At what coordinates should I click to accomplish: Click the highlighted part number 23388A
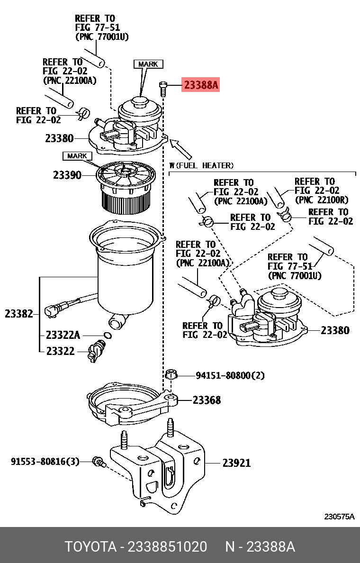pyautogui.click(x=201, y=85)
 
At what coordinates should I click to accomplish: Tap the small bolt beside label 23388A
pyautogui.click(x=162, y=86)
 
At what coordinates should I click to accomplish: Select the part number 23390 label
pyautogui.click(x=67, y=175)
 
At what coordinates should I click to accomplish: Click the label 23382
pyautogui.click(x=19, y=314)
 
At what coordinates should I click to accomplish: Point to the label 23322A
pyautogui.click(x=63, y=335)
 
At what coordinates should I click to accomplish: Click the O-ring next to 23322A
pyautogui.click(x=108, y=336)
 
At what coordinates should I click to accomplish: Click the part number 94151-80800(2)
pyautogui.click(x=230, y=376)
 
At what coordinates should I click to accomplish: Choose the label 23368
pyautogui.click(x=207, y=400)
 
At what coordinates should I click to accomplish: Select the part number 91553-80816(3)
pyautogui.click(x=45, y=461)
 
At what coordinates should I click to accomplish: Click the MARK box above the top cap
pyautogui.click(x=148, y=64)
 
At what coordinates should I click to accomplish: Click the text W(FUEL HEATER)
pyautogui.click(x=201, y=165)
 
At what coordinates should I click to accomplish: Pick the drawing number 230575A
pyautogui.click(x=339, y=517)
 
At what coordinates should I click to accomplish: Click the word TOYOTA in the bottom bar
pyautogui.click(x=90, y=547)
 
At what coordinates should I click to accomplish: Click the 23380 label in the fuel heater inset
pyautogui.click(x=335, y=330)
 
